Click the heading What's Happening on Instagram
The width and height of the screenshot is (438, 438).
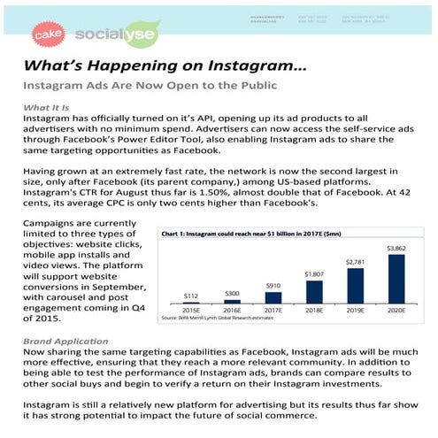pyautogui.click(x=165, y=68)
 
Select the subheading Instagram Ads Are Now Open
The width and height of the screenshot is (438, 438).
pyautogui.click(x=150, y=86)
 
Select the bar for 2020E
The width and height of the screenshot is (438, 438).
pyautogui.click(x=396, y=278)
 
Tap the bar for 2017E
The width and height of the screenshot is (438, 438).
pyautogui.click(x=273, y=299)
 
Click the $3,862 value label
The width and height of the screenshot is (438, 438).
pyautogui.click(x=396, y=248)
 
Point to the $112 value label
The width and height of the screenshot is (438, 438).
pyautogui.click(x=190, y=296)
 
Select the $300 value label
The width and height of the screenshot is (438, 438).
pyautogui.click(x=231, y=293)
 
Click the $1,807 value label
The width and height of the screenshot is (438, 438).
pyautogui.click(x=313, y=275)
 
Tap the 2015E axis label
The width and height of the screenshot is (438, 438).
pyautogui.click(x=190, y=311)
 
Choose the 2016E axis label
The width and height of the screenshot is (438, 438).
pyautogui.click(x=231, y=311)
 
